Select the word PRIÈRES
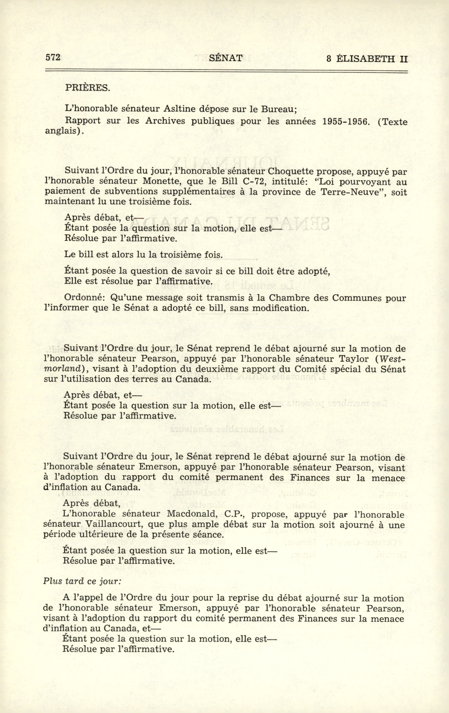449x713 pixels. pyautogui.click(x=87, y=89)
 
